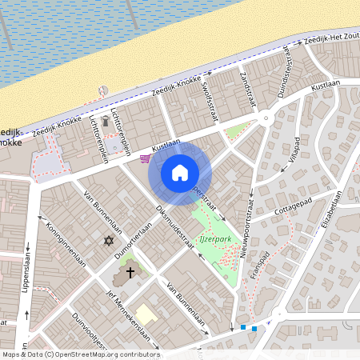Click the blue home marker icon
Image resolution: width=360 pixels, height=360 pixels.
[179, 172]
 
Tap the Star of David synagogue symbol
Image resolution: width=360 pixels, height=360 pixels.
[109, 240]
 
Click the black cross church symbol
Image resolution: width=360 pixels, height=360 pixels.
[130, 273]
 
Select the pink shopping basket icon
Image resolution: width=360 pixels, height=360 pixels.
[145, 158]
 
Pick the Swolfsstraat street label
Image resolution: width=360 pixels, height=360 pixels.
[210, 99]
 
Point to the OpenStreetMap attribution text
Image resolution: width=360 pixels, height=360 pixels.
[81, 354]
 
